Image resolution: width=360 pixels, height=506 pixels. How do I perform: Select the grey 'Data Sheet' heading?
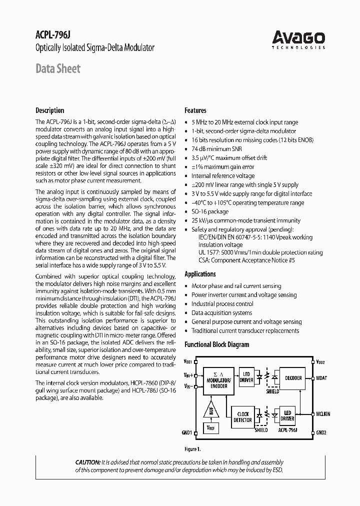(x=57, y=68)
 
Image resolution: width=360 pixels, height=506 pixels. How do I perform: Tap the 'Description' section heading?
(x=49, y=110)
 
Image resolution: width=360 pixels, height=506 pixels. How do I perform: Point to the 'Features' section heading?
(x=195, y=110)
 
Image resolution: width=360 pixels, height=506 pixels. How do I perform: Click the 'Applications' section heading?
(x=200, y=274)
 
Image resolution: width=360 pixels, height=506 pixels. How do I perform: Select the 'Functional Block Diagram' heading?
(x=216, y=344)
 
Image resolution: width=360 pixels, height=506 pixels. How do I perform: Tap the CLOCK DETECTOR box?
(x=243, y=416)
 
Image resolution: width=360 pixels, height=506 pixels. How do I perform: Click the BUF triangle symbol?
(x=210, y=410)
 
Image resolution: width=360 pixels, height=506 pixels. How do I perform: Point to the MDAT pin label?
(x=321, y=378)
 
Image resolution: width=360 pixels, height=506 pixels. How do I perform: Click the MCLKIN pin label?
(x=323, y=414)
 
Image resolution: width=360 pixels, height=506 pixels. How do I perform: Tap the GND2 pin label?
(x=321, y=432)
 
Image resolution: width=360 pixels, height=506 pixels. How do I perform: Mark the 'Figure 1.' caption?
(x=192, y=449)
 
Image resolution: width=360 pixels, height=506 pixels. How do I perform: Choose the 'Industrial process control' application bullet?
(x=222, y=304)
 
